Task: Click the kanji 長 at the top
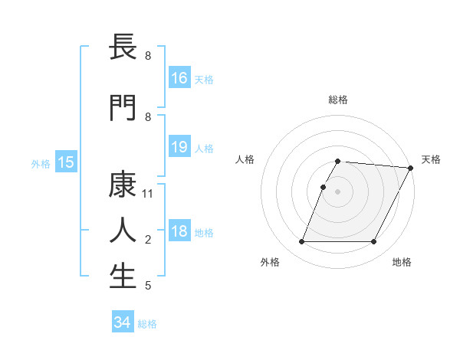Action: coord(123,47)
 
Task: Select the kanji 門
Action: coord(123,107)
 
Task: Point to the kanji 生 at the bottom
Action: coord(123,277)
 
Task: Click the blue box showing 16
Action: coord(179,78)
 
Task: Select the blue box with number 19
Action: coord(179,147)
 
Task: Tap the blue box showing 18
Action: coord(179,231)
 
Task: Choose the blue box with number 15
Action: coord(65,162)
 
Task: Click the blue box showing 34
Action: coord(123,322)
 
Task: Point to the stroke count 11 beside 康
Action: coord(148,194)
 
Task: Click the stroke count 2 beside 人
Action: coord(148,240)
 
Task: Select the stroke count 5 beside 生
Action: coord(148,286)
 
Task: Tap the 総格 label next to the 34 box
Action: coord(147,324)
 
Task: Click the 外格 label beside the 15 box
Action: coord(41,163)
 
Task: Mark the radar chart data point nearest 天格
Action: coord(411,168)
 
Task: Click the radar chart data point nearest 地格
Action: coord(374,242)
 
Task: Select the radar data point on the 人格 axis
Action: coord(323,187)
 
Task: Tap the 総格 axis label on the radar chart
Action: coord(337,100)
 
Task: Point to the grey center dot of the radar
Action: coord(337,191)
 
